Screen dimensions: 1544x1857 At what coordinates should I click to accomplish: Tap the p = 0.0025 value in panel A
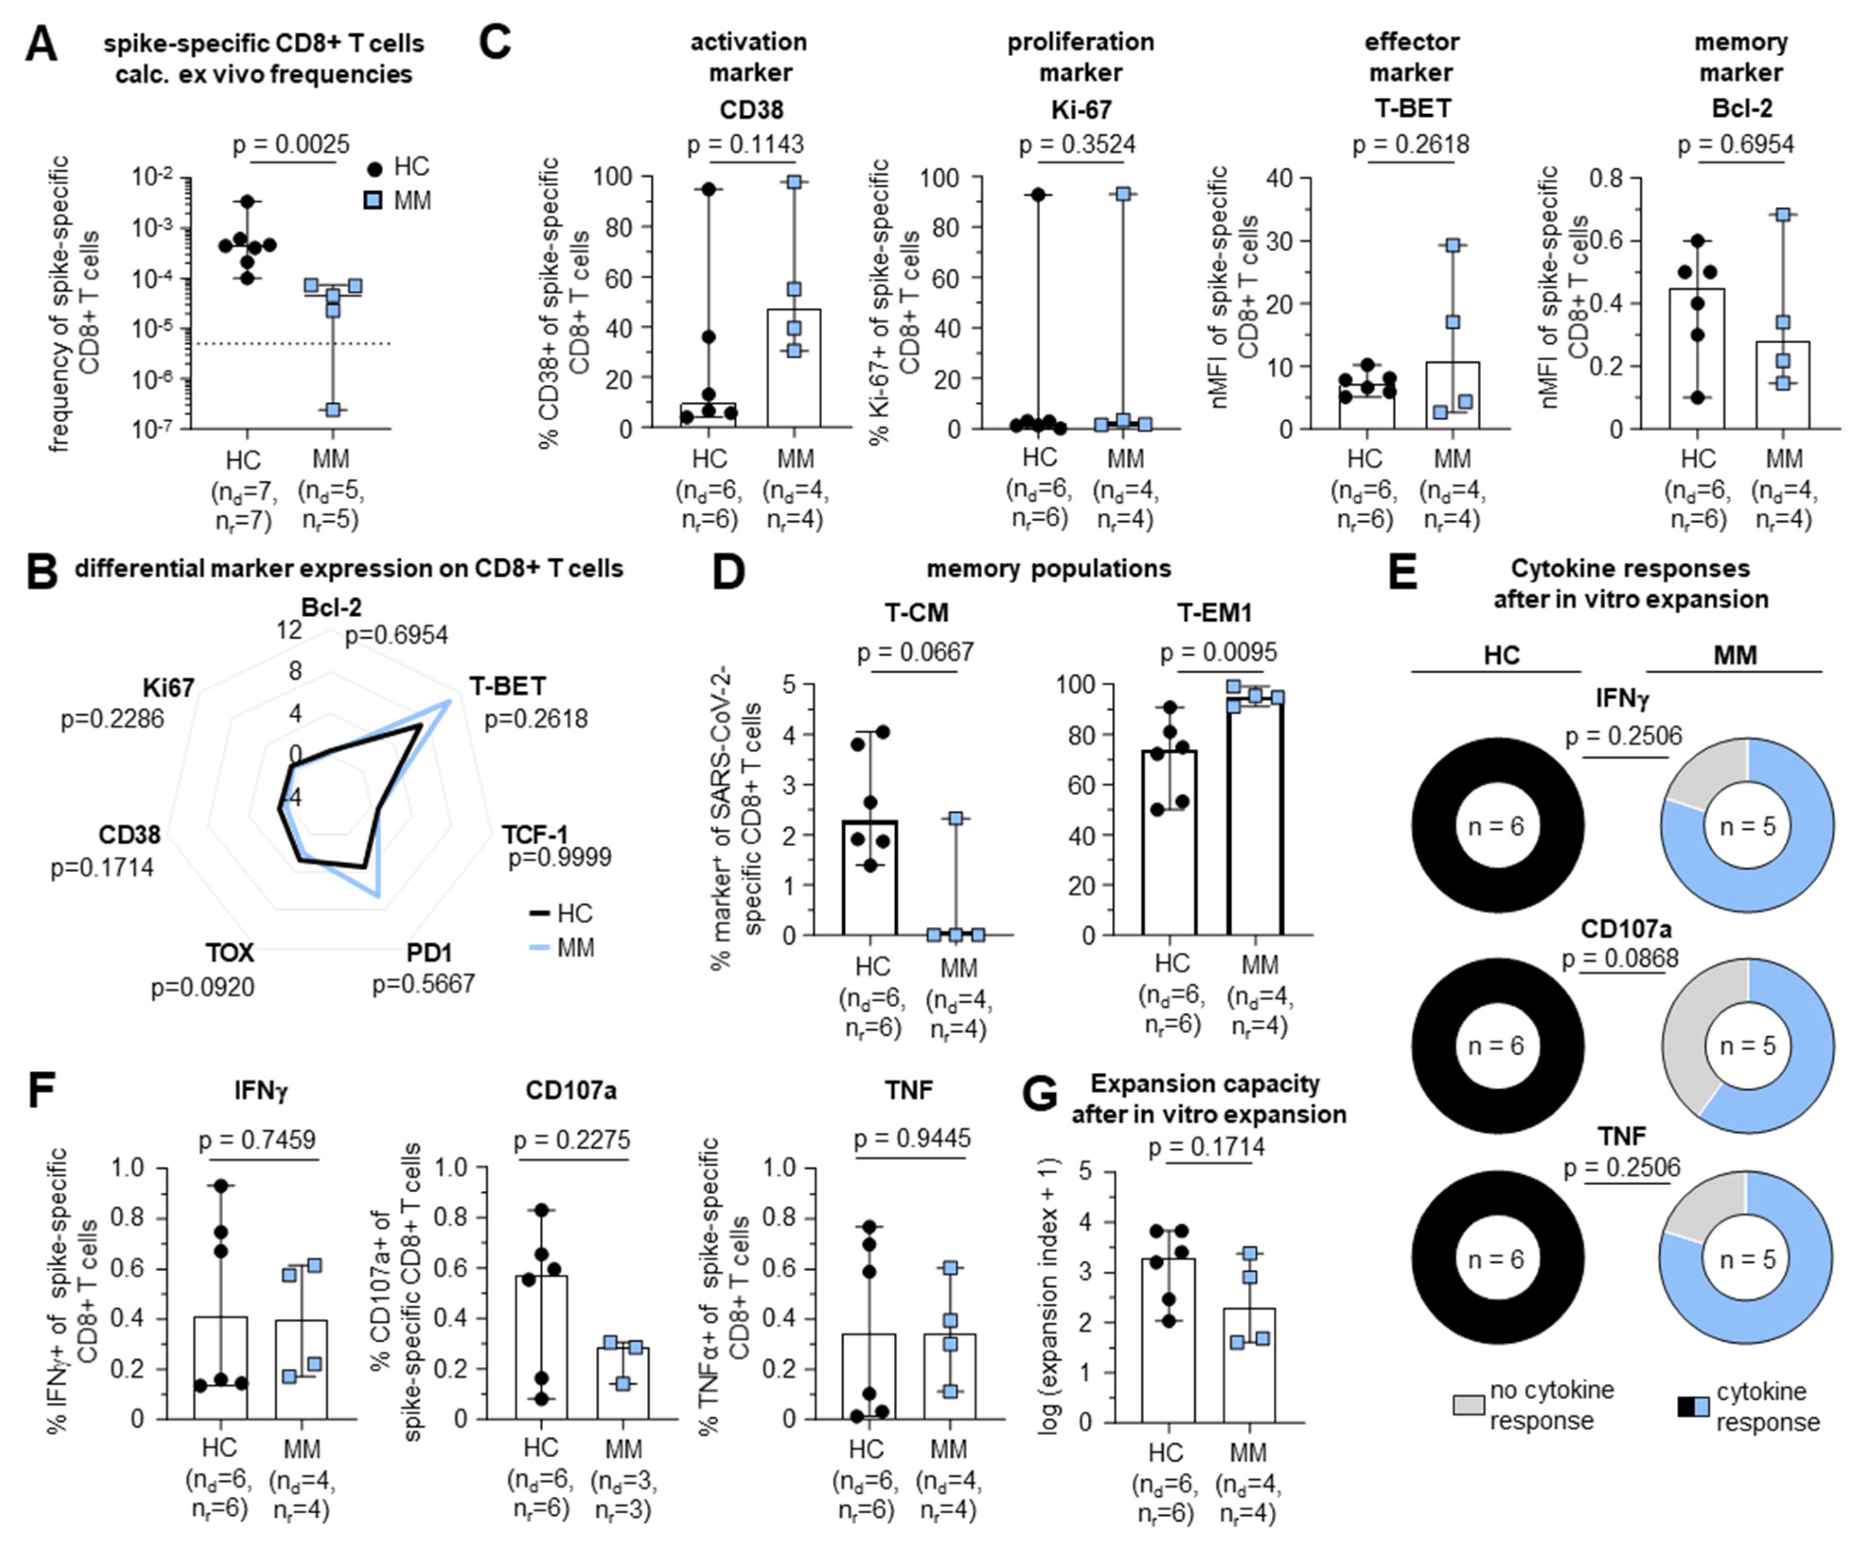pyautogui.click(x=291, y=144)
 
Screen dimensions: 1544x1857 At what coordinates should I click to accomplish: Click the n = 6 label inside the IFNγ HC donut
pyautogui.click(x=1496, y=826)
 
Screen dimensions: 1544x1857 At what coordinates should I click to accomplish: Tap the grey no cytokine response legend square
pyautogui.click(x=1468, y=1405)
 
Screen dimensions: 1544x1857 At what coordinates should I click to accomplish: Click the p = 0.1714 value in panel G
pyautogui.click(x=1206, y=1147)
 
